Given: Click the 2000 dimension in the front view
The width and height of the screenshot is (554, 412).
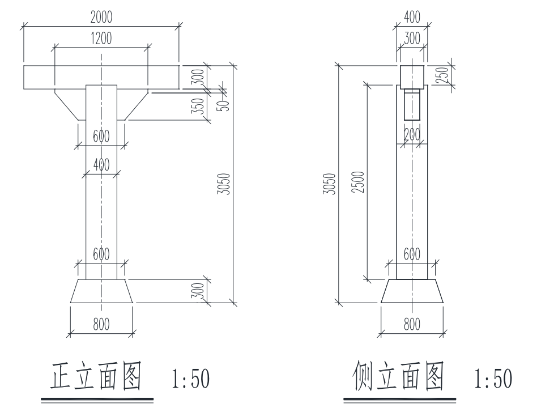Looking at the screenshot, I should pos(101,18).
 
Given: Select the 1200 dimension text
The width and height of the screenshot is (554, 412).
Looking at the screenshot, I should pos(101,39).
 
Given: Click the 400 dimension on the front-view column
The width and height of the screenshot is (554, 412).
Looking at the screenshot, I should pos(101,165).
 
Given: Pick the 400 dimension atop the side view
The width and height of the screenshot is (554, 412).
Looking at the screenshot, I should pos(412,18).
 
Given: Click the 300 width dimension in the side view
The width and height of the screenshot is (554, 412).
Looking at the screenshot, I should pos(412,39).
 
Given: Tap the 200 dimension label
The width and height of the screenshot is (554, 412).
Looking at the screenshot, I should pos(412,135).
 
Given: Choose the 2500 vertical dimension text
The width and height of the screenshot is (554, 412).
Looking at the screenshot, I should pos(357,181).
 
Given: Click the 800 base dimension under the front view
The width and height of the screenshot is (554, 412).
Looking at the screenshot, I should pos(101,324).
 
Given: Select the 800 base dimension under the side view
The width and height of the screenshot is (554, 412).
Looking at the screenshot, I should pos(412,324).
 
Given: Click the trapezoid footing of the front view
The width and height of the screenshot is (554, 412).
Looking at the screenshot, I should pos(101,291).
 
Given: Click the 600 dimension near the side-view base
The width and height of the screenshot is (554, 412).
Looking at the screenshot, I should pos(412,254).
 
